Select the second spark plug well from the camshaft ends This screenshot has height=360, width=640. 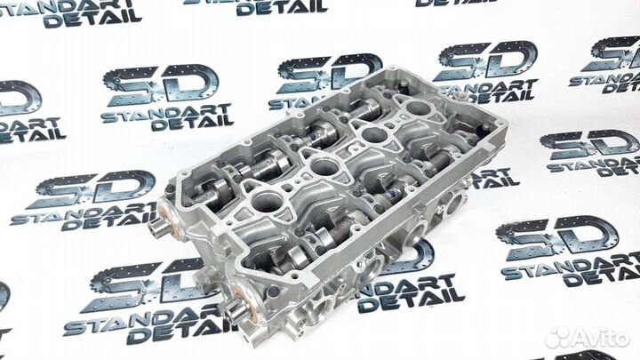[x=324, y=167]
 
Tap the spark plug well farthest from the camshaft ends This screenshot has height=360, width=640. [x=419, y=108]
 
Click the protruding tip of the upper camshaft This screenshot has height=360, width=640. [x=156, y=230]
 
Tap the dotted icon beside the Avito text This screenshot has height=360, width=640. [x=558, y=337]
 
